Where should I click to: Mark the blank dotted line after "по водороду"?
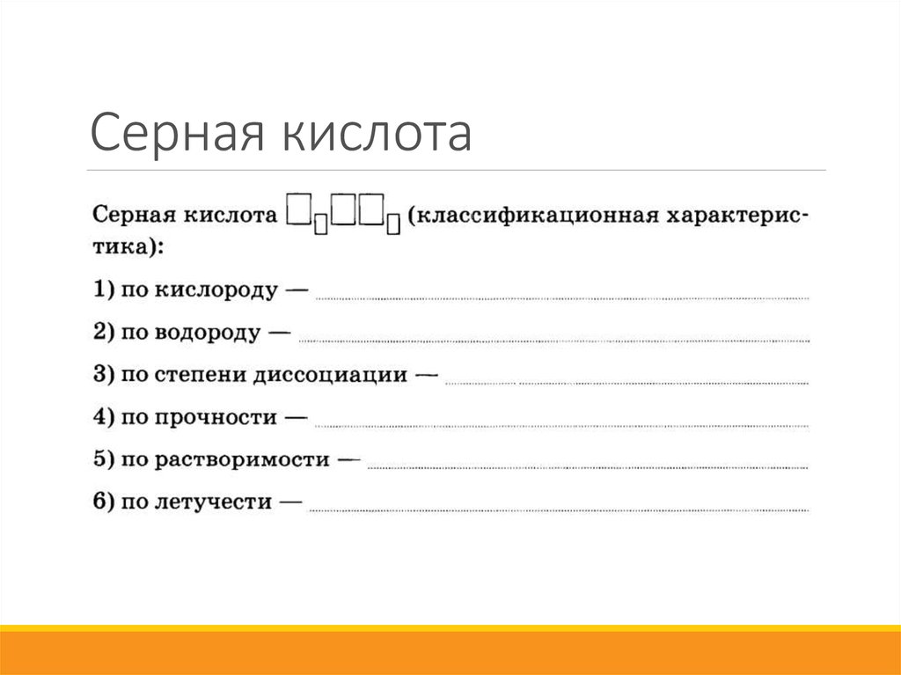(x=554, y=340)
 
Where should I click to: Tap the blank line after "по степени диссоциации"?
(x=626, y=383)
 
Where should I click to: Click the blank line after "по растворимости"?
(x=587, y=466)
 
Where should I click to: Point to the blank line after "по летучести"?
(x=559, y=509)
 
